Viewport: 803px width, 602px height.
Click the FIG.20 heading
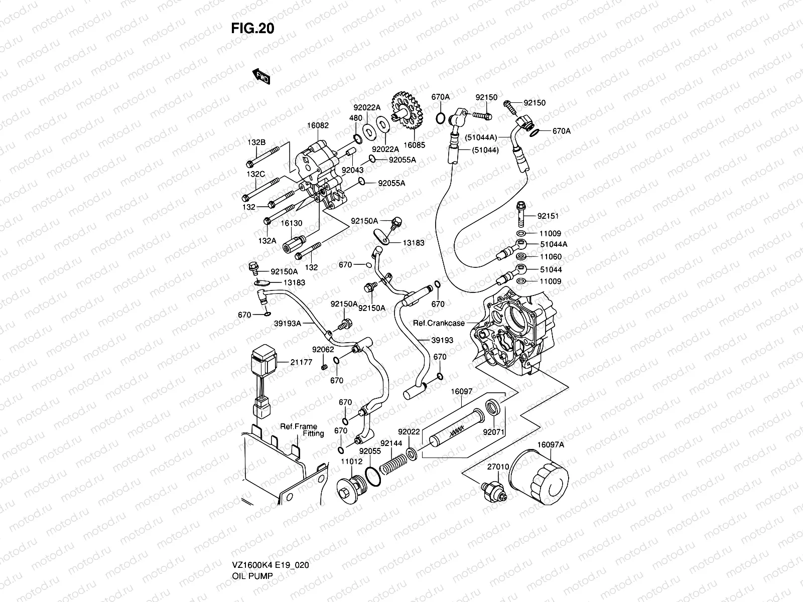coord(252,29)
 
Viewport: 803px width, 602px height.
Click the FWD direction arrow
coord(261,76)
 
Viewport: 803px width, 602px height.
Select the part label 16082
coord(318,125)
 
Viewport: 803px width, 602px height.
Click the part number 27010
coord(498,467)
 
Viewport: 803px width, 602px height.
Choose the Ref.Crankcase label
coord(438,323)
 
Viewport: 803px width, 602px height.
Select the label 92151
coord(548,216)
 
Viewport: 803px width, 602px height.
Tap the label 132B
coord(256,142)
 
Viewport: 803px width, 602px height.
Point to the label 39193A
coord(287,324)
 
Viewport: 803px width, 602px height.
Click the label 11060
coord(551,257)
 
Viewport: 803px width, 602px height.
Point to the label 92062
coord(323,349)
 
